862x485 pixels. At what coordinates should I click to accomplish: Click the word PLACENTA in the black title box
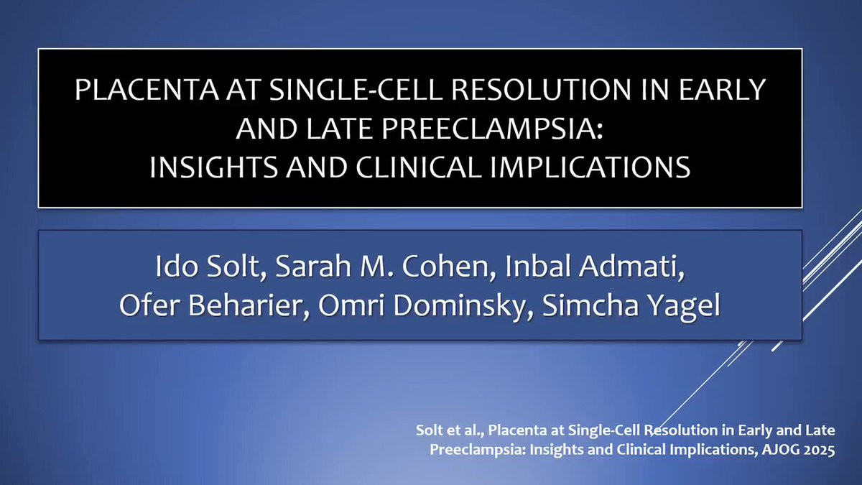(x=147, y=90)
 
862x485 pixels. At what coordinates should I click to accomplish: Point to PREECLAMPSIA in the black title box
(x=492, y=129)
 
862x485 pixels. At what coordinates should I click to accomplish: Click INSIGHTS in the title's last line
(x=213, y=167)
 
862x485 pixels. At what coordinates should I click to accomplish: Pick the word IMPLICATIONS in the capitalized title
(x=590, y=167)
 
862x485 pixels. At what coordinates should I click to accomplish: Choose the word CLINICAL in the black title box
(x=418, y=167)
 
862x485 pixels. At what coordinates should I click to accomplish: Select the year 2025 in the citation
(x=818, y=450)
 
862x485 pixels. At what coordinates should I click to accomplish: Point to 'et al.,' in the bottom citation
(x=466, y=430)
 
